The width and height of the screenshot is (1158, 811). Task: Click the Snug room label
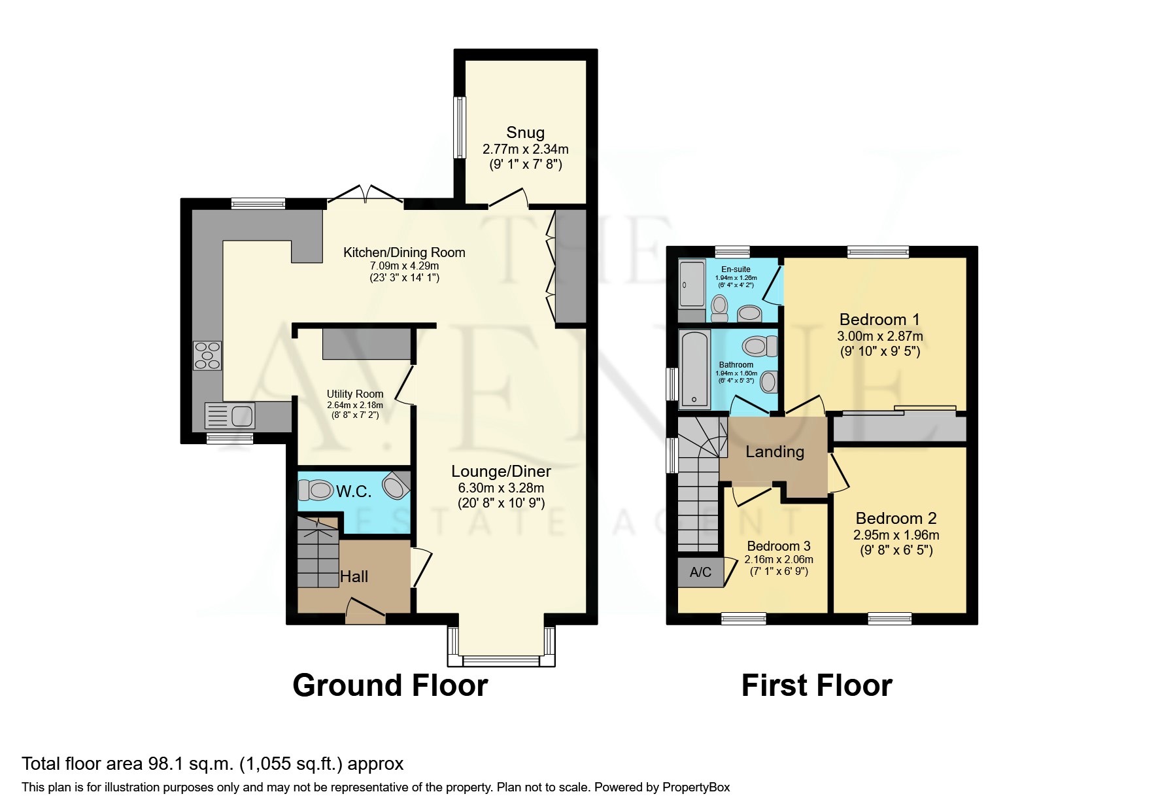pos(525,133)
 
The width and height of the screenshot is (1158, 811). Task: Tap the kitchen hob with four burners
pos(207,356)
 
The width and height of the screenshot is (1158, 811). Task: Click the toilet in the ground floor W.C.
pos(316,489)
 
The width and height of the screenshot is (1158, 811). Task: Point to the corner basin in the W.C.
pos(396,485)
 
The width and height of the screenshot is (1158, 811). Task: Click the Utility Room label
pos(355,394)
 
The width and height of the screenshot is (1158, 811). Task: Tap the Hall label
pos(354,576)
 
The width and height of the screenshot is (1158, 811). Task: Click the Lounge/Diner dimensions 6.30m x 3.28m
pos(501,488)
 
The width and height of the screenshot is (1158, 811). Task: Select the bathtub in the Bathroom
pos(694,370)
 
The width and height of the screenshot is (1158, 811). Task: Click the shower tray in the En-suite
pos(691,284)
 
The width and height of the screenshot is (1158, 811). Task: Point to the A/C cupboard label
pos(700,572)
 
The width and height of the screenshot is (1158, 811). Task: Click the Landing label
pos(775,451)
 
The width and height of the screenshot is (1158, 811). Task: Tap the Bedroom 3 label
pos(779,546)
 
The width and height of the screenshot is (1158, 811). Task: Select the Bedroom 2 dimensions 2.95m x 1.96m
pos(896,535)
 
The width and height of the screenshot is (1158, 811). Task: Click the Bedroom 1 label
pos(879,319)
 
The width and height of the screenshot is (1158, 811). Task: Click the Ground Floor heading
pos(390,685)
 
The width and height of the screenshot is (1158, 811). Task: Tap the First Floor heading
pos(817,685)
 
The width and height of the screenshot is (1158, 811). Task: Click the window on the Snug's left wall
pos(460,128)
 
